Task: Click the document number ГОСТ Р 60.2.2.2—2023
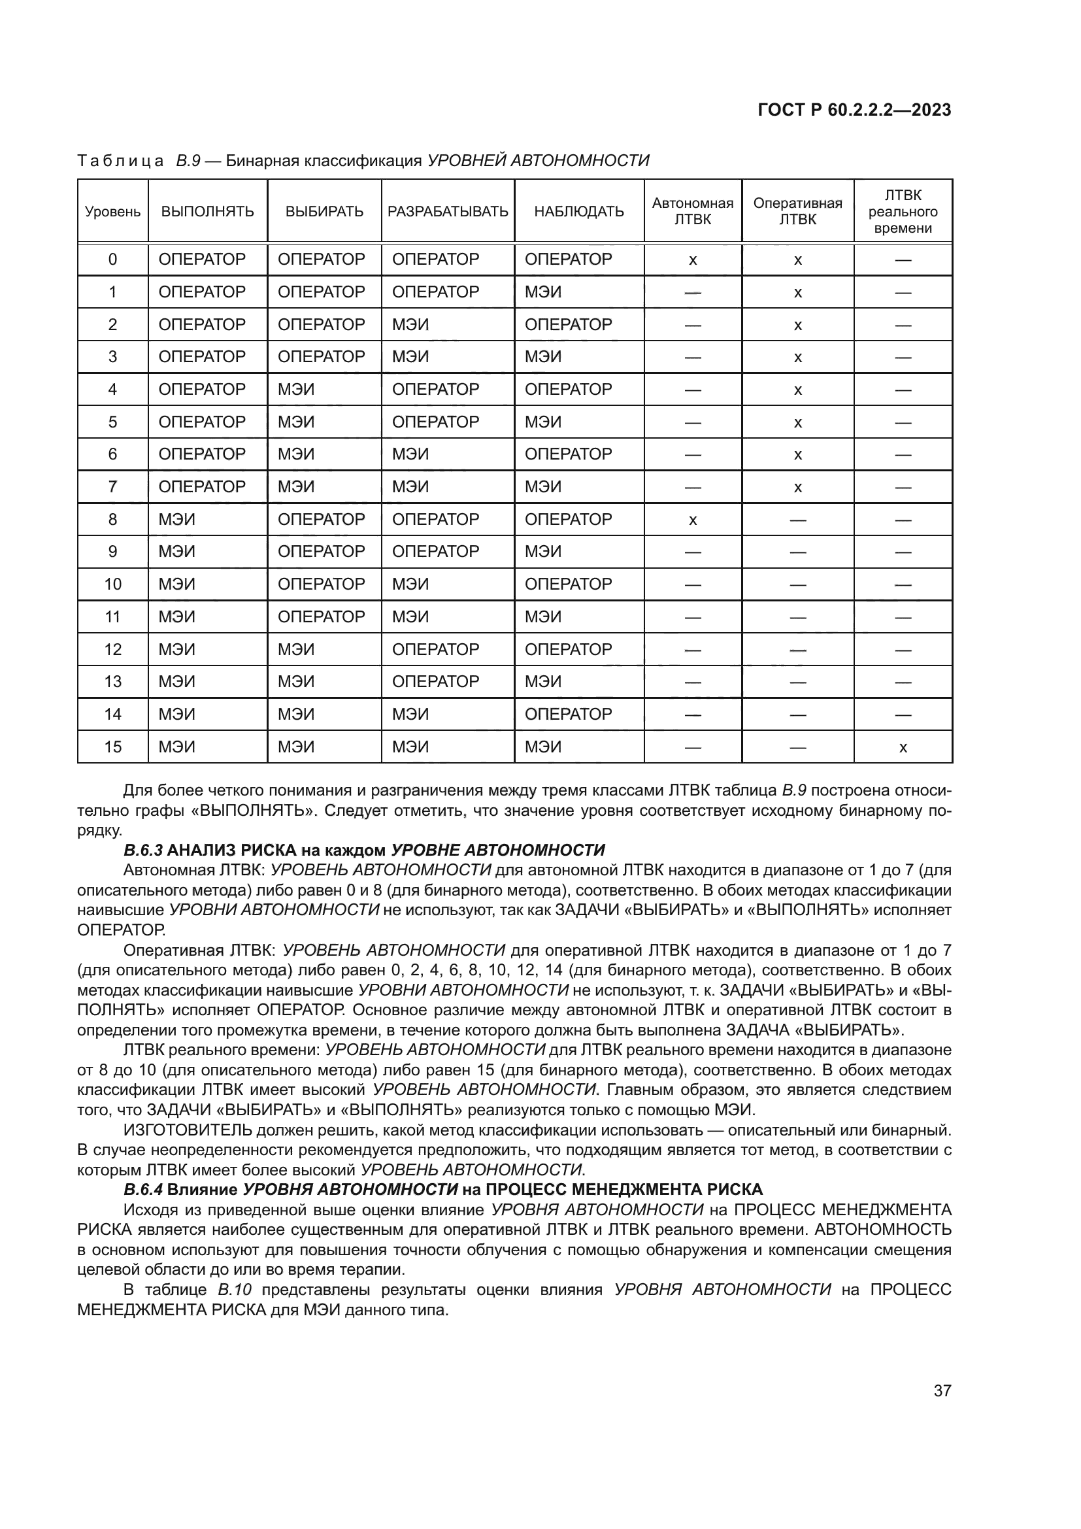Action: pyautogui.click(x=854, y=110)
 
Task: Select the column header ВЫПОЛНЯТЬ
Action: pyautogui.click(x=208, y=212)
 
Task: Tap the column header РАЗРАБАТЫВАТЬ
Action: pyautogui.click(x=447, y=212)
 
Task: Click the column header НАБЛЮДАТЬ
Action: pyautogui.click(x=578, y=212)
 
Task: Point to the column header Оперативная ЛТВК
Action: pyautogui.click(x=797, y=211)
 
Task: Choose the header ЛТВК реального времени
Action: pyautogui.click(x=903, y=212)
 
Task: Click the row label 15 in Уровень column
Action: pyautogui.click(x=112, y=747)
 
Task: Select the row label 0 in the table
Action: pyautogui.click(x=112, y=259)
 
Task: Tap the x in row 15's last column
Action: pyautogui.click(x=903, y=748)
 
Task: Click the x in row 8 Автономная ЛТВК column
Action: pyautogui.click(x=692, y=520)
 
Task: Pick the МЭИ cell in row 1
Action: pyautogui.click(x=542, y=292)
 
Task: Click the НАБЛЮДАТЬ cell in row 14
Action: pyautogui.click(x=568, y=714)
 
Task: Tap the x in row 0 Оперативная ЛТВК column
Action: pyautogui.click(x=797, y=260)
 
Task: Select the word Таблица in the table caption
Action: pyautogui.click(x=120, y=161)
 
